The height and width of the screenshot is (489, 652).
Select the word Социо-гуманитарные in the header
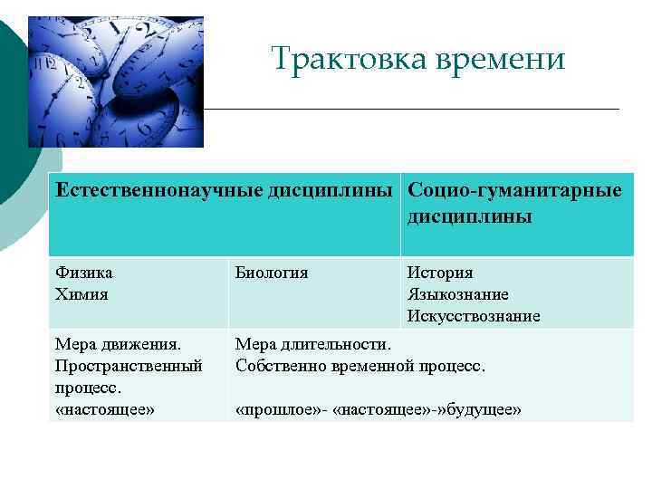pyautogui.click(x=514, y=191)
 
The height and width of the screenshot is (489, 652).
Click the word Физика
pyautogui.click(x=83, y=273)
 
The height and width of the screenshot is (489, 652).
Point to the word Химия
pyautogui.click(x=81, y=294)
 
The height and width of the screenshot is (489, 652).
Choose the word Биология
pyautogui.click(x=272, y=273)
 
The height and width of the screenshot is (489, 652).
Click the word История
pyautogui.click(x=440, y=273)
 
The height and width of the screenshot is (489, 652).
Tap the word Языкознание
pyautogui.click(x=458, y=294)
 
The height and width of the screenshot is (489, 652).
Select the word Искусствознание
pyautogui.click(x=474, y=316)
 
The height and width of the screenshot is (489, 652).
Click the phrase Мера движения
pyautogui.click(x=119, y=344)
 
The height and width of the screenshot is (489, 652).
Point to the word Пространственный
pyautogui.click(x=129, y=366)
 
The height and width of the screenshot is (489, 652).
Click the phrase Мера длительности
pyautogui.click(x=313, y=344)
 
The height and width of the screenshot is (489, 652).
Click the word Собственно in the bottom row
pyautogui.click(x=276, y=366)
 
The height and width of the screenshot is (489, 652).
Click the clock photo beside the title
pyautogui.click(x=115, y=81)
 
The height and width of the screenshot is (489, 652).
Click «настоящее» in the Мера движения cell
pyautogui.click(x=105, y=409)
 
